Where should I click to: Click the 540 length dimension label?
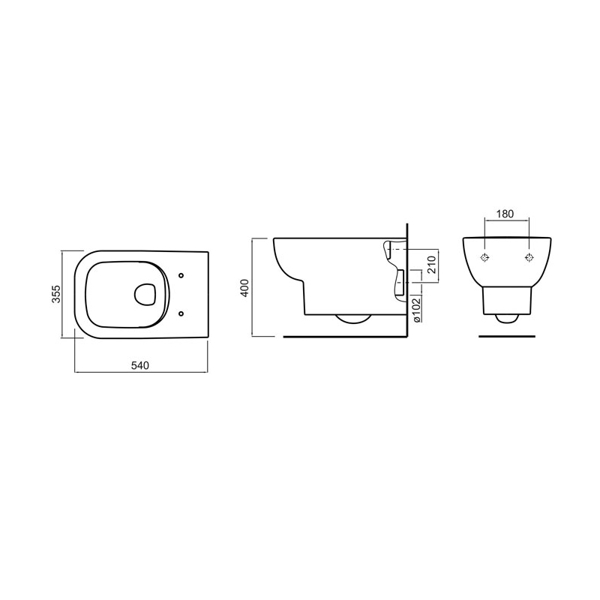click(139, 365)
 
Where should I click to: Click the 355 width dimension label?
click(56, 294)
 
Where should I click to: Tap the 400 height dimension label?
click(245, 288)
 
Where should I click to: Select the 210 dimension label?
click(431, 265)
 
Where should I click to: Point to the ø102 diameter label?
click(417, 309)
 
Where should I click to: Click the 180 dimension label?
click(505, 214)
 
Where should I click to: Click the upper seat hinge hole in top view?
click(181, 275)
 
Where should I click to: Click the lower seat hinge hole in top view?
click(181, 313)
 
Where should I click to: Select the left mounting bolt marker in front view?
click(484, 258)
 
